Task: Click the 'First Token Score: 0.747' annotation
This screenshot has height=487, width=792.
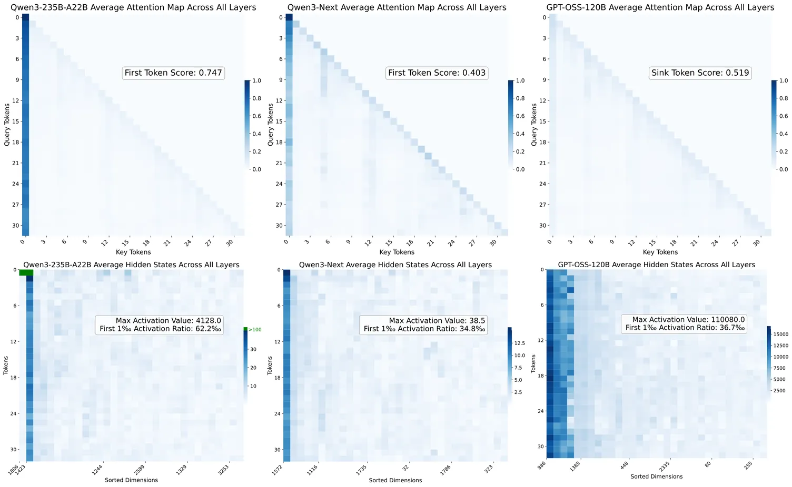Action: pos(173,73)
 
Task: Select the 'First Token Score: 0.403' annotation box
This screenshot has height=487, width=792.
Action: pos(437,73)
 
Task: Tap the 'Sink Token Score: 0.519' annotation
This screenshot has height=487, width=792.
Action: pos(700,73)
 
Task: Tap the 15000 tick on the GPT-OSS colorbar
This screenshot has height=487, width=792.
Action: pos(780,334)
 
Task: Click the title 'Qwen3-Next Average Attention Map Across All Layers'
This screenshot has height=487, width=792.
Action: pos(397,7)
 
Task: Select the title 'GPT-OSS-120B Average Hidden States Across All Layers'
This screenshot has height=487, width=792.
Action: pos(657,265)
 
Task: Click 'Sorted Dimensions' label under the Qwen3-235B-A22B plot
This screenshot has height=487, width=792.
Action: pos(131,480)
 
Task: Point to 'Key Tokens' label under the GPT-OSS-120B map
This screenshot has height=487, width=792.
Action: pos(660,252)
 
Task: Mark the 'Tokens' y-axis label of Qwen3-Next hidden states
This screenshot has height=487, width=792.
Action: pos(269,365)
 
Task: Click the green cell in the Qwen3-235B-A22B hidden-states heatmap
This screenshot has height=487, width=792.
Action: pos(26,272)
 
